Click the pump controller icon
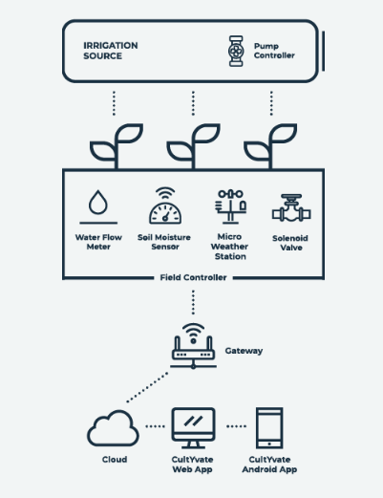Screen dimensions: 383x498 [236, 51]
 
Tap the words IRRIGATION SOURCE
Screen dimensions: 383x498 [111, 51]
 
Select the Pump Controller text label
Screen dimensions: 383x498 [274, 51]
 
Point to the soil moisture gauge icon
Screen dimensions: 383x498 [165, 206]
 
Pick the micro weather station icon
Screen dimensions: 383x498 [230, 206]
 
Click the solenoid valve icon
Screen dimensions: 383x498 [291, 208]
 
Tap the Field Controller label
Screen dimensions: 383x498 [193, 277]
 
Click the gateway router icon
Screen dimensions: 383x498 [193, 346]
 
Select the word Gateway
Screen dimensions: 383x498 [244, 351]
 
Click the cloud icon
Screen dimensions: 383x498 [113, 428]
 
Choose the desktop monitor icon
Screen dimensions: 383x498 [193, 428]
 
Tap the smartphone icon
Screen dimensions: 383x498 [269, 428]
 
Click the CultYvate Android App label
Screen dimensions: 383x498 [269, 465]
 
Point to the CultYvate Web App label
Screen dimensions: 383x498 [192, 465]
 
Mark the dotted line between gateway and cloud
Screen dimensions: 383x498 [147, 387]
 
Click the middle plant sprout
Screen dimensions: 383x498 [193, 146]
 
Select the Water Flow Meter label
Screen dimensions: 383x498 [98, 242]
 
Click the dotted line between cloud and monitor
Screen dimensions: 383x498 [156, 426]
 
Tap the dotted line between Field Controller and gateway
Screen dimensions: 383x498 [193, 302]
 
